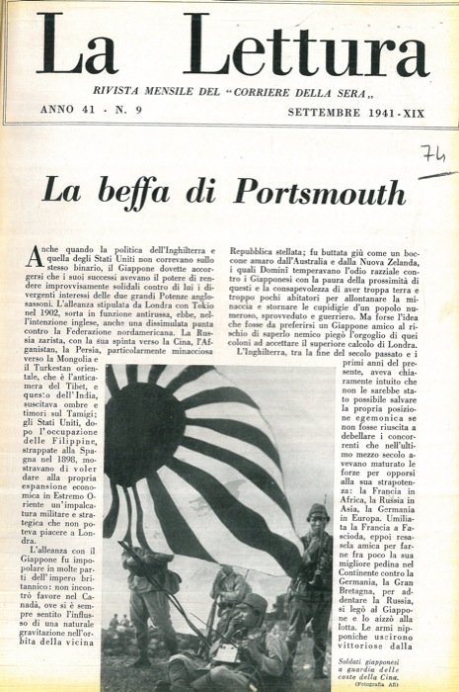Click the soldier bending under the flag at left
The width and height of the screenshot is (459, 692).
click(149, 583)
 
